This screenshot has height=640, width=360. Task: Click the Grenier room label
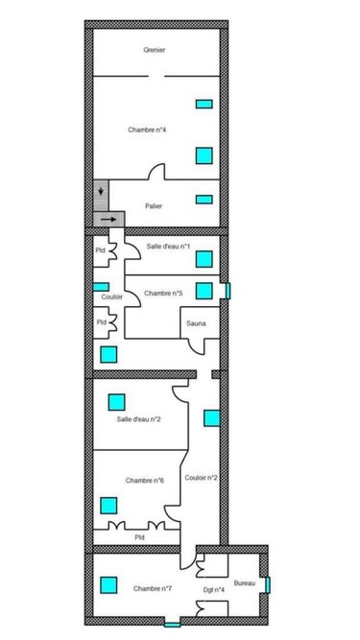154,49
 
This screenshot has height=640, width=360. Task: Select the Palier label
154,205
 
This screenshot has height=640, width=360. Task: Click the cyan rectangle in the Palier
204,200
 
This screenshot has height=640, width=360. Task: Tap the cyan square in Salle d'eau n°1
204,258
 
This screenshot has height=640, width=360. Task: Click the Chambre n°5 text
162,293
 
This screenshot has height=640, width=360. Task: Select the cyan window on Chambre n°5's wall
227,290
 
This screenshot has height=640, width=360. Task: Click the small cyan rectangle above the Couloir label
101,286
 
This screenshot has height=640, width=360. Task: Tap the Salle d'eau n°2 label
138,419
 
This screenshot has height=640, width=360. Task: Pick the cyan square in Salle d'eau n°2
117,401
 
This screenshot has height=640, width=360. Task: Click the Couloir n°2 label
201,477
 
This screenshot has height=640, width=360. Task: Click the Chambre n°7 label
153,587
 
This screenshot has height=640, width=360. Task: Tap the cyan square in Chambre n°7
108,583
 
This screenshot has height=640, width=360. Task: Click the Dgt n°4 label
214,588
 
